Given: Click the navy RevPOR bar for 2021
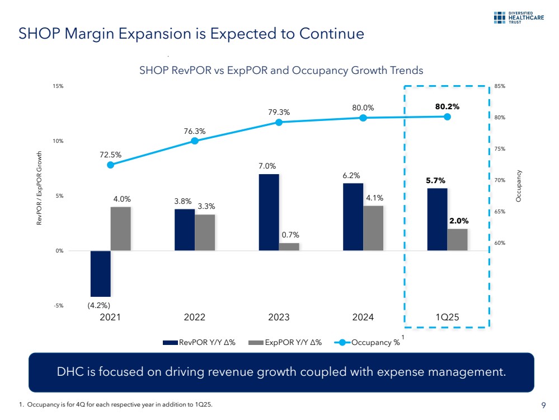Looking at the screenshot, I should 100,273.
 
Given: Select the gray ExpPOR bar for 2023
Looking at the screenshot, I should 289,246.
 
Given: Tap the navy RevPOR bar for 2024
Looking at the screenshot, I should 353,217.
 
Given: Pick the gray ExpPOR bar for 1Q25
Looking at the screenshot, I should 457,239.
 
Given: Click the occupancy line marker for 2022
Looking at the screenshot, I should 195,141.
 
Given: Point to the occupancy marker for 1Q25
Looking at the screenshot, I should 447,116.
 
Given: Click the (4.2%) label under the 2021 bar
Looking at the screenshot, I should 98,305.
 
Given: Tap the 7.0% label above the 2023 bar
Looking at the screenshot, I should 267,166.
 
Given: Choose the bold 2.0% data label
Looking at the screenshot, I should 459,221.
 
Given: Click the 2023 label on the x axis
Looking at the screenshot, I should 279,318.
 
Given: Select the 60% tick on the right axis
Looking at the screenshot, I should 500,243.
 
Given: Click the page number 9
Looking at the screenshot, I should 543,405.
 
